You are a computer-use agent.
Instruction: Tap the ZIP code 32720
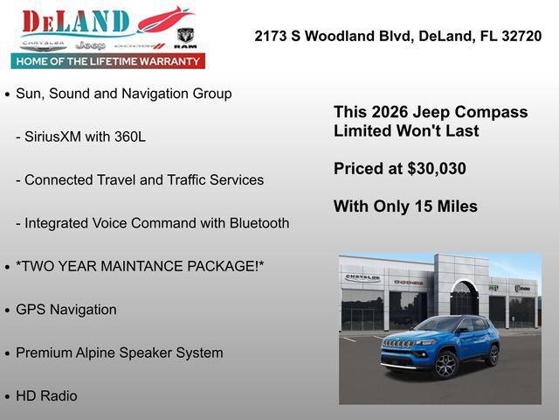click(521, 36)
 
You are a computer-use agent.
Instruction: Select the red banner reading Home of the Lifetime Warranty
click(108, 60)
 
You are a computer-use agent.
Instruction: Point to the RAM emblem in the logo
click(185, 37)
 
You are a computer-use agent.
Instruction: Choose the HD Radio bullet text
click(46, 395)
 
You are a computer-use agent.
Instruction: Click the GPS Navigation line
click(66, 310)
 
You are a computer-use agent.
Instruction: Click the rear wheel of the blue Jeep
click(493, 355)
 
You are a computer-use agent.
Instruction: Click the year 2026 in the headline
click(389, 112)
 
